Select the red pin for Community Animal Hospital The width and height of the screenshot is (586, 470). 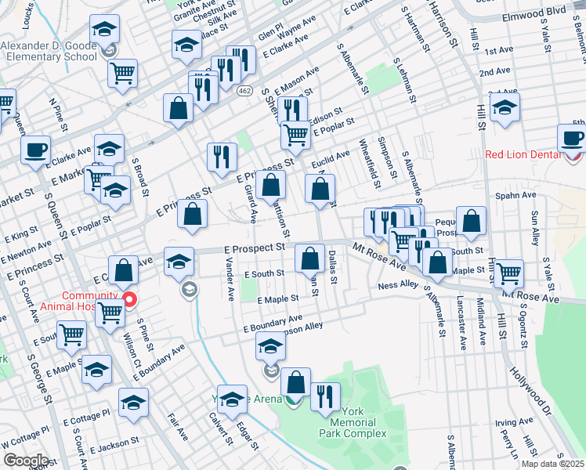pyautogui.click(x=131, y=298)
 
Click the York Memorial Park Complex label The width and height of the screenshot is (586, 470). pyautogui.click(x=352, y=428)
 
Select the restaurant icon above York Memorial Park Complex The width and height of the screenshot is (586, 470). pyautogui.click(x=325, y=396)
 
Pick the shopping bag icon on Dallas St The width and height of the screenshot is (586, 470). pyautogui.click(x=311, y=257)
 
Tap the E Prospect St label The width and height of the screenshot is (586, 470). pyautogui.click(x=248, y=248)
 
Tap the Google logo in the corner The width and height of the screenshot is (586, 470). pyautogui.click(x=26, y=461)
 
